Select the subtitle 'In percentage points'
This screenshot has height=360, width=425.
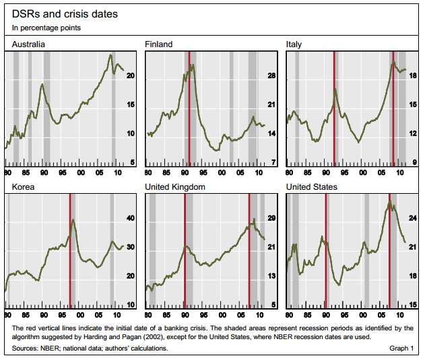click(46, 28)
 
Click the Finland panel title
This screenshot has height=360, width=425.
click(159, 44)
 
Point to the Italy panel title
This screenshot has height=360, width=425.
click(294, 44)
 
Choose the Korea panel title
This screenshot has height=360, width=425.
click(23, 186)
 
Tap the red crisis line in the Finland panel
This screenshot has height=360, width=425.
click(189, 108)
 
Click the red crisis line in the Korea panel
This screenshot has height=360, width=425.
click(70, 249)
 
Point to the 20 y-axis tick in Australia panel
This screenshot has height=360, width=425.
click(131, 76)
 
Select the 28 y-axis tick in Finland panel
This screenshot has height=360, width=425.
click(272, 76)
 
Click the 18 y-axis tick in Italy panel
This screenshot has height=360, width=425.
click(414, 76)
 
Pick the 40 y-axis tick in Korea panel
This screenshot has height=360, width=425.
click(131, 219)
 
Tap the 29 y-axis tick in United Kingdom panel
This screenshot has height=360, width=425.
click(272, 219)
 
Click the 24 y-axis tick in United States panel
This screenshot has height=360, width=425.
click(414, 219)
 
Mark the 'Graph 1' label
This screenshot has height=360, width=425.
click(401, 349)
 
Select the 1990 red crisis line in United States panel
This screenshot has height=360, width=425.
click(325, 249)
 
